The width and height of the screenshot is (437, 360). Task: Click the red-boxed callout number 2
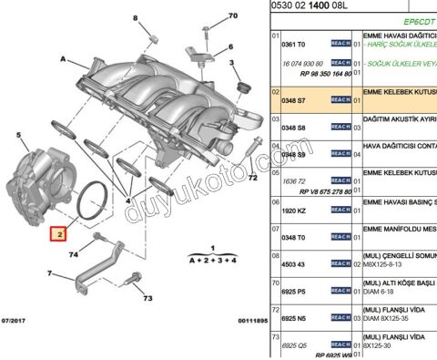[58, 234]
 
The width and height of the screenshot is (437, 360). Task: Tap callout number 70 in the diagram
[231, 15]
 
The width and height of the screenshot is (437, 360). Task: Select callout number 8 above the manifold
[138, 17]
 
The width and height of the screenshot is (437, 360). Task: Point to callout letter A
[64, 57]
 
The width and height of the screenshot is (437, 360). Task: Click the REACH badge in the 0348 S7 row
[340, 98]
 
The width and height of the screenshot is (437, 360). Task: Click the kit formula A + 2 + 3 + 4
[211, 260]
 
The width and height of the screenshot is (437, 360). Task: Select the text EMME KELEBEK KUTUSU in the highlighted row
[401, 93]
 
